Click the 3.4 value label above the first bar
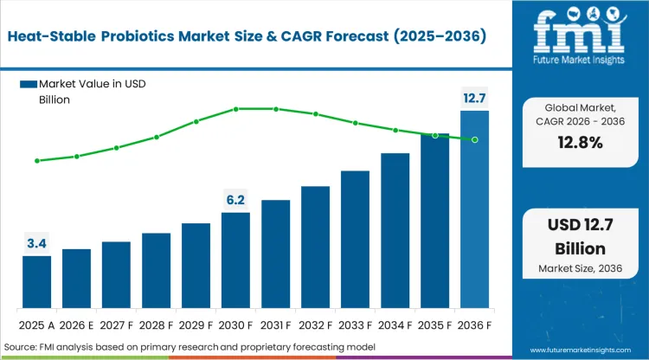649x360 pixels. coord(36,244)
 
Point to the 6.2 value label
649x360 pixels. coord(235,200)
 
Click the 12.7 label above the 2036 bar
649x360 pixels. coord(474,99)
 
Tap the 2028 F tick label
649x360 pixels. coord(156,326)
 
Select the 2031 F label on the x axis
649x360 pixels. coord(275,326)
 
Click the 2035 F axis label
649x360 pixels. coord(434,326)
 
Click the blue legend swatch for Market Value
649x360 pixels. coord(29,83)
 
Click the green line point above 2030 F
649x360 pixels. coord(235,109)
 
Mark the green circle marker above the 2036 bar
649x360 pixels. coord(474,139)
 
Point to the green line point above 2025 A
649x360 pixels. coord(36,161)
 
